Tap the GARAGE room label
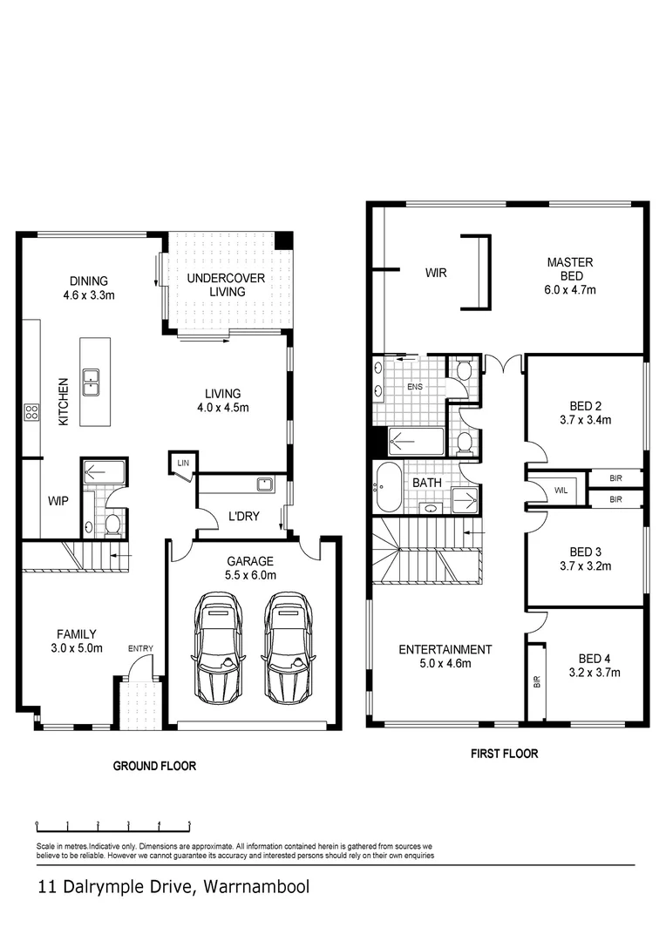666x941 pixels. (250, 561)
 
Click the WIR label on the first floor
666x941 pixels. (436, 273)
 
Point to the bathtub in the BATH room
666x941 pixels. (388, 487)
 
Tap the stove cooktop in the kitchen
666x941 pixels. (32, 412)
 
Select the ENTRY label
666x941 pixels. (139, 649)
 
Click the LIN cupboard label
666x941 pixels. (183, 463)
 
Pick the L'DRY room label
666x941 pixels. (244, 516)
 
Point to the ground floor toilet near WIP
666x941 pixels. (112, 525)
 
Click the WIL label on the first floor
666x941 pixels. (561, 491)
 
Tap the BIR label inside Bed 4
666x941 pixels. (536, 681)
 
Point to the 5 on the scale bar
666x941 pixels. (190, 823)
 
